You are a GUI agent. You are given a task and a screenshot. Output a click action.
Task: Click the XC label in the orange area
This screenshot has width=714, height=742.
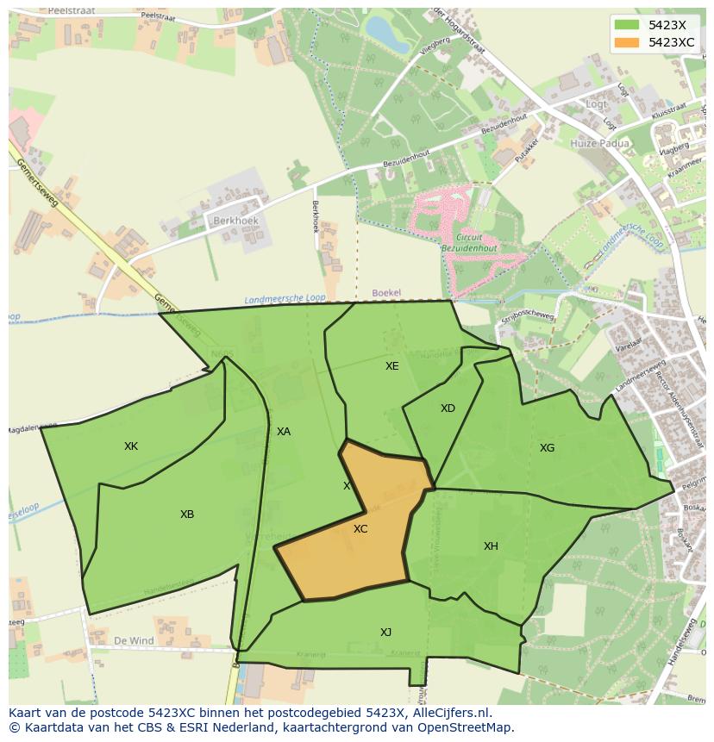coord(360,528)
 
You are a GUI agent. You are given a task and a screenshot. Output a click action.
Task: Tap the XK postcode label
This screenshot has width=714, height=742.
coord(131,446)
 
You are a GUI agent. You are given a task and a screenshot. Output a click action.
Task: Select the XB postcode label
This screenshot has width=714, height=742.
coord(187,514)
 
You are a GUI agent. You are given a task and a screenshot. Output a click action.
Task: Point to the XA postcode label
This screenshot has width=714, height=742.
coord(284,431)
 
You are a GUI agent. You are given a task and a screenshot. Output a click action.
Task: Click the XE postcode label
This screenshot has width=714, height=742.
coord(392,365)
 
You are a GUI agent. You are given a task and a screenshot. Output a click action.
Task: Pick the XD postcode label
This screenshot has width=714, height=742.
coord(448,408)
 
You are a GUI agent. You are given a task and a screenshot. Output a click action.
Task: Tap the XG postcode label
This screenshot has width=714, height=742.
coord(547,447)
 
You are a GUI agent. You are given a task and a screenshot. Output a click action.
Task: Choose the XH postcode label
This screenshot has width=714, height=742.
coord(491,546)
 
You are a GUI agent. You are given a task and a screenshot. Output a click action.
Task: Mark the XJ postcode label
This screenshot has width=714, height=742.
coord(385,632)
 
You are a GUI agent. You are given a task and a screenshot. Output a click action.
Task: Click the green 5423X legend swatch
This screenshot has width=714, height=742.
coord(627,25)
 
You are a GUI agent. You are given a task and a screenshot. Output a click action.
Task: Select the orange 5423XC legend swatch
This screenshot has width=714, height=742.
coord(627,42)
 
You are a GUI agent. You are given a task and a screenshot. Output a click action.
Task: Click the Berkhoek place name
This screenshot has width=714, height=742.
coord(235,221)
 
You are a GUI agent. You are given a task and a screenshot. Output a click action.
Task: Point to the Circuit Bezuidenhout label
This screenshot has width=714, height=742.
coord(471,241)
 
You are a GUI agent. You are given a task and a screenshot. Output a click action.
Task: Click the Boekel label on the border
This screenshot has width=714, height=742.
coord(386,293)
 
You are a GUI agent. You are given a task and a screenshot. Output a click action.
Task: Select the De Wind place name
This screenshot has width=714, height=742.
coord(134,641)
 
